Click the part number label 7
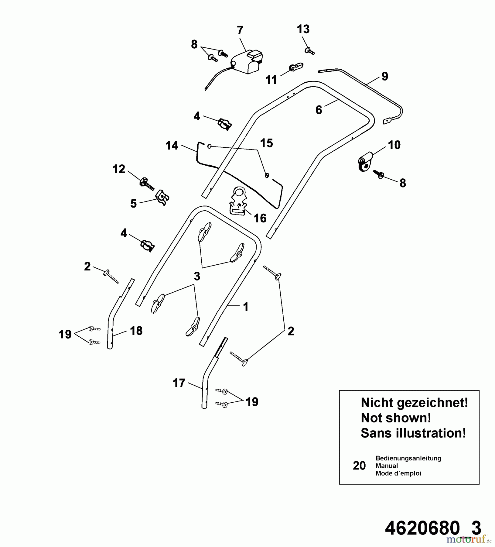(x=240, y=31)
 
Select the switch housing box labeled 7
(x=248, y=64)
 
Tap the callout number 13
(x=303, y=29)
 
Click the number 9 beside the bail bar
(x=384, y=76)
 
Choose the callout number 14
(x=172, y=146)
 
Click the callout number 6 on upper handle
(x=319, y=110)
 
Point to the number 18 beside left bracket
(x=136, y=331)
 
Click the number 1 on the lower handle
(x=246, y=307)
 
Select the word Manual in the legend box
(x=387, y=466)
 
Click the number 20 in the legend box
(x=359, y=466)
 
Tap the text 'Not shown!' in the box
(x=396, y=418)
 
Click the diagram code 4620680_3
(x=433, y=528)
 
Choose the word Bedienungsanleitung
(x=408, y=458)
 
